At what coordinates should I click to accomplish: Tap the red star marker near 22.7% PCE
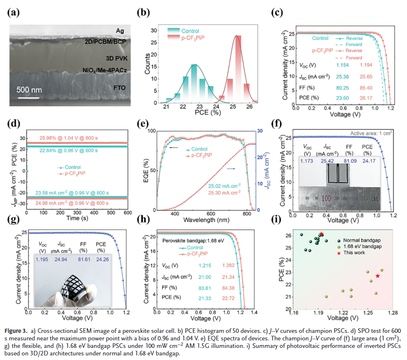pyautogui.click(x=378, y=276)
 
